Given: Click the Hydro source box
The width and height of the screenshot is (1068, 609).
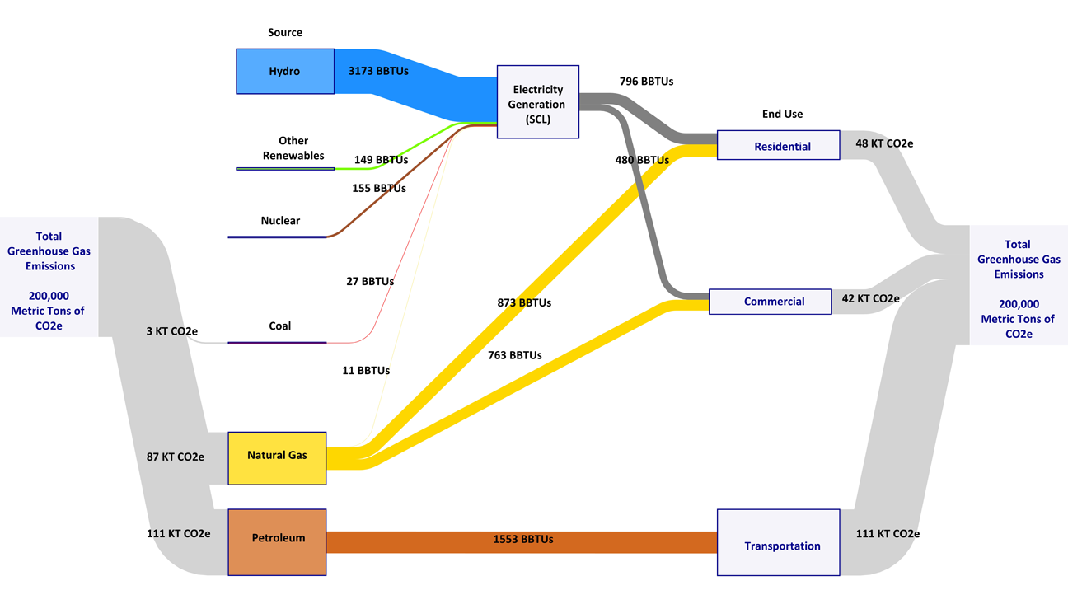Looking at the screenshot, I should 285,71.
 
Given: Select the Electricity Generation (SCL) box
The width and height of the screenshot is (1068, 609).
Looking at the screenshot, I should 537,102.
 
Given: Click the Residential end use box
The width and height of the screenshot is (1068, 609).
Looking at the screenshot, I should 778,145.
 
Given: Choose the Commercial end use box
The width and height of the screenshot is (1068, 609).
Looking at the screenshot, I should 770,302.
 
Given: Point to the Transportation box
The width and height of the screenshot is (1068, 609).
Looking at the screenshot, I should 778,542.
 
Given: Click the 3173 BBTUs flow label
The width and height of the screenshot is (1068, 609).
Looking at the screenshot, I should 378,71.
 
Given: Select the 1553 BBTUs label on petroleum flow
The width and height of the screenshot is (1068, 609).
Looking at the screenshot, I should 523,539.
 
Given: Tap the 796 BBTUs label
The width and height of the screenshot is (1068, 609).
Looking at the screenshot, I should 646,82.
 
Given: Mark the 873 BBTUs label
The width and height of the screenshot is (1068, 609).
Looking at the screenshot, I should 524,302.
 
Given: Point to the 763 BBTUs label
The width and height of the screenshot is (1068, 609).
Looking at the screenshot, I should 514,355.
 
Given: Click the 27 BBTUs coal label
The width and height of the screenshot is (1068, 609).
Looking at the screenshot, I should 369,281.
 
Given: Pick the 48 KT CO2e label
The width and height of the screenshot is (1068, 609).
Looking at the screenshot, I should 884,143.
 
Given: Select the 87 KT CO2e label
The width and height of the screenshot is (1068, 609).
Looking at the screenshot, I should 175,457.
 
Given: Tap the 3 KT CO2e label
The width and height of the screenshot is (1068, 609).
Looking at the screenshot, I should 171,331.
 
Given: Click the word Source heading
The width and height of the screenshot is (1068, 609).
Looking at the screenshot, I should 285,33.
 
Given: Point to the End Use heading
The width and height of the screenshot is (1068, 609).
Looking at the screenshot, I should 782,114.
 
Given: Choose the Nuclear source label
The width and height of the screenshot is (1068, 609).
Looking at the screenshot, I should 280,221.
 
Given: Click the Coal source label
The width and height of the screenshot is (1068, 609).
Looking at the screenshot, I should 280,326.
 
